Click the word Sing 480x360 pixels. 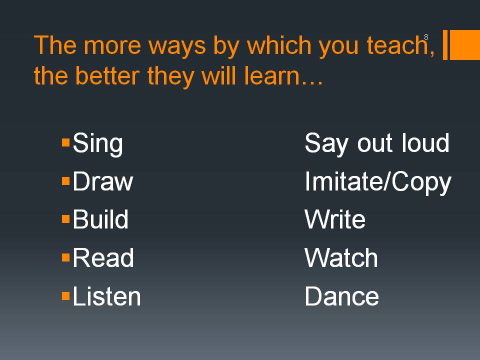pos(97,144)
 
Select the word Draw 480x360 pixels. pos(103,181)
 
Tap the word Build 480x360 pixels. pos(100,219)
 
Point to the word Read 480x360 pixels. pos(103,258)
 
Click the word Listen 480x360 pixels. pos(106,296)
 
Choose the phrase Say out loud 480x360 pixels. pos(377,144)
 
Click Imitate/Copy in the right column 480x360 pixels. pos(378,182)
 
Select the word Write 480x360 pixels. pos(335,219)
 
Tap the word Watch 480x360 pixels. pos(341,258)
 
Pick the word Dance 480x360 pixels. pos(342,296)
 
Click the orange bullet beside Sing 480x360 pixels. pos(66,142)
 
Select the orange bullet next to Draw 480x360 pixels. pos(66,181)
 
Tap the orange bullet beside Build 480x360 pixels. pos(66,219)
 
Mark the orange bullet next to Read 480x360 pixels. pos(66,257)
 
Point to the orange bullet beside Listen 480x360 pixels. pos(66,296)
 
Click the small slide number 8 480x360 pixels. pos(426,37)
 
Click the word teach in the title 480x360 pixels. pos(396,45)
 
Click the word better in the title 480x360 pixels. pos(107,75)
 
